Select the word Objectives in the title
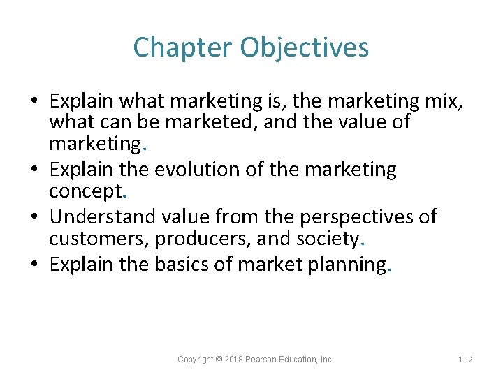pos(304,47)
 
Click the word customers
pos(98,239)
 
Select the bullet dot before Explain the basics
pos(34,265)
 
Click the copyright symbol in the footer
pos(219,360)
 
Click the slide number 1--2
pos(465,360)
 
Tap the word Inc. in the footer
pos(326,360)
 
